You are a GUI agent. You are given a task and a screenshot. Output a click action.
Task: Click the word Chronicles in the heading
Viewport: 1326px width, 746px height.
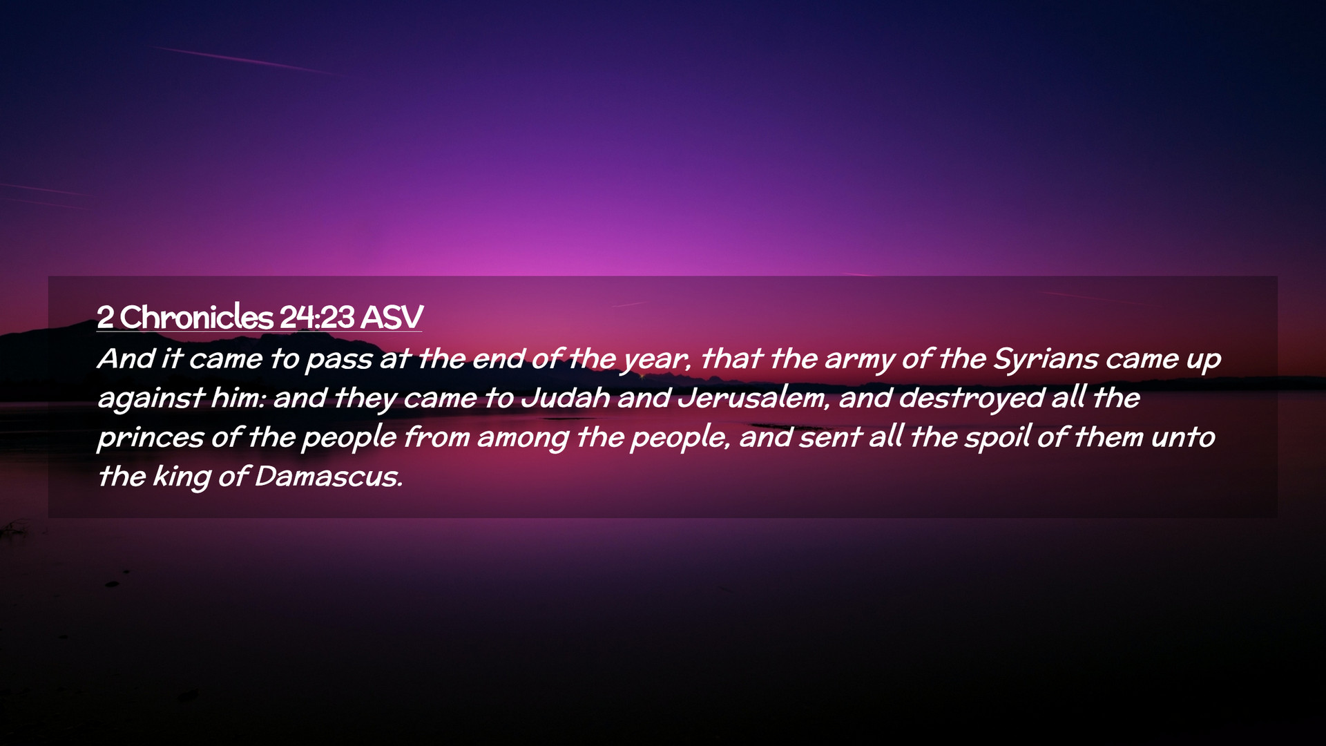(x=197, y=317)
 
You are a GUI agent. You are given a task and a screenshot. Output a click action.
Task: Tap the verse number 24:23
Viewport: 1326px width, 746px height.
(x=317, y=318)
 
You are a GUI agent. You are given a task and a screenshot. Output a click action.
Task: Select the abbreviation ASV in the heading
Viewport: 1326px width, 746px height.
(x=392, y=318)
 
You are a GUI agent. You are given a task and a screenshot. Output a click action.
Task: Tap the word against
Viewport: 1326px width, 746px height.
(x=151, y=399)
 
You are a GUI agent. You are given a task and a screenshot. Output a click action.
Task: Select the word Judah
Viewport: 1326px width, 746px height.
(x=566, y=398)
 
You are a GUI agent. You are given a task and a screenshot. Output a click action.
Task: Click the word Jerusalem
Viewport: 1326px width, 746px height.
(x=752, y=398)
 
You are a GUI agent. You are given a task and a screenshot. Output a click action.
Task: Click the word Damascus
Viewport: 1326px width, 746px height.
(x=327, y=477)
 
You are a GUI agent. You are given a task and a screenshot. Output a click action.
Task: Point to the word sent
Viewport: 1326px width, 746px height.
(x=829, y=438)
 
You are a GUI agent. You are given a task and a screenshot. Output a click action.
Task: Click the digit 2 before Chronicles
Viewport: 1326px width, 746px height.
(x=105, y=318)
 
